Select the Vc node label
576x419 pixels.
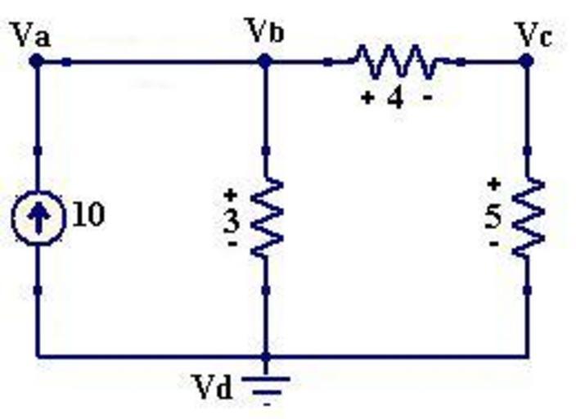535,34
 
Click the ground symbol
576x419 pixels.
266,385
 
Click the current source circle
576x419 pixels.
37,217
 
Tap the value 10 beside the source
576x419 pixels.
88,215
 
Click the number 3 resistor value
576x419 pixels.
232,221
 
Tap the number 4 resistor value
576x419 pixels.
395,98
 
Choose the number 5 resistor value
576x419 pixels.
493,217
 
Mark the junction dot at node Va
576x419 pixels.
36,61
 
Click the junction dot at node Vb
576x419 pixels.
265,61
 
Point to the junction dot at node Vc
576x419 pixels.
528,61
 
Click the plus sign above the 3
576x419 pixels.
232,195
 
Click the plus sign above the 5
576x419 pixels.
493,184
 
